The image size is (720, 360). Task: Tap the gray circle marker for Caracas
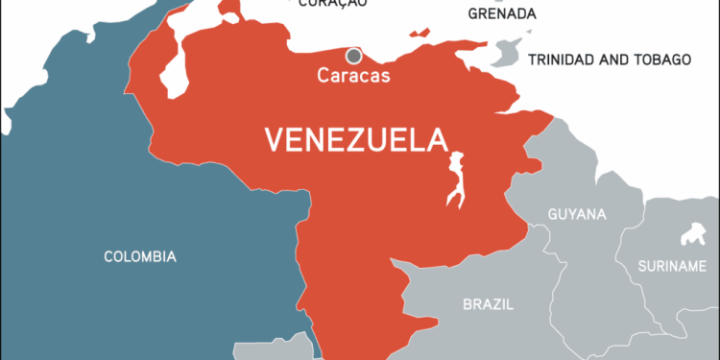[354, 56]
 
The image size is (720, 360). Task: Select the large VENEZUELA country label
[356, 140]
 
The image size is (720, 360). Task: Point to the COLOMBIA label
[140, 256]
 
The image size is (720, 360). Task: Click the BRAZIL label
[488, 304]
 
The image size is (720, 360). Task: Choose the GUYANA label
[576, 213]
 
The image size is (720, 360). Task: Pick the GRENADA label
[502, 14]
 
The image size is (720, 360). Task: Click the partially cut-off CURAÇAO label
[333, 4]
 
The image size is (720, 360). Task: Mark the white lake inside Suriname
[687, 235]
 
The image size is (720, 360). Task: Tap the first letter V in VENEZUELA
[274, 140]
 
